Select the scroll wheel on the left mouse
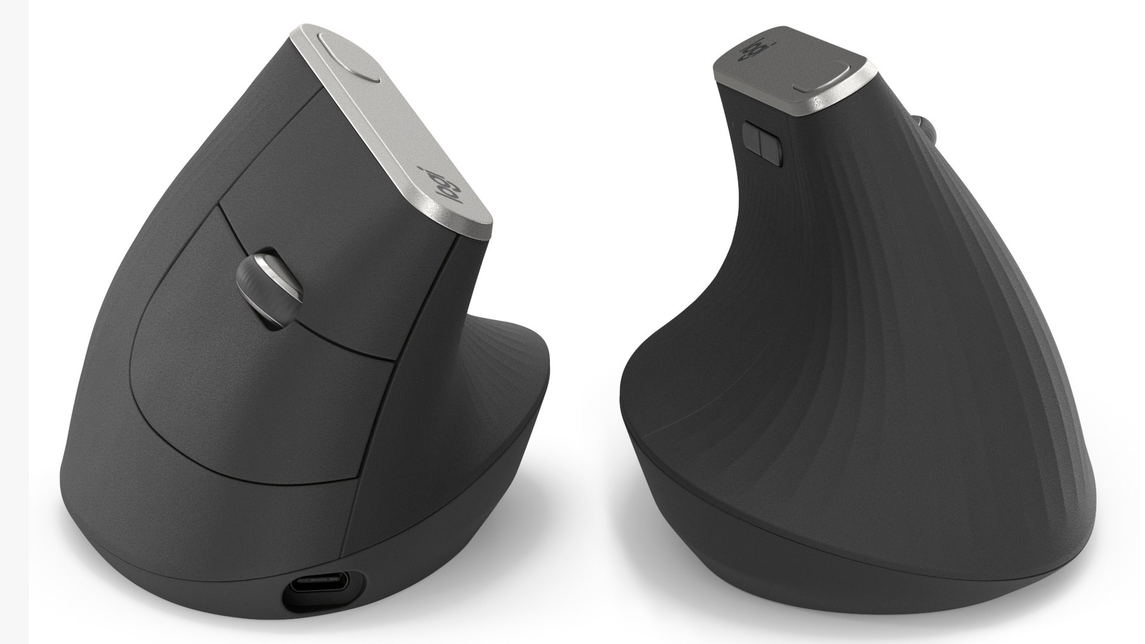click(271, 290)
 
